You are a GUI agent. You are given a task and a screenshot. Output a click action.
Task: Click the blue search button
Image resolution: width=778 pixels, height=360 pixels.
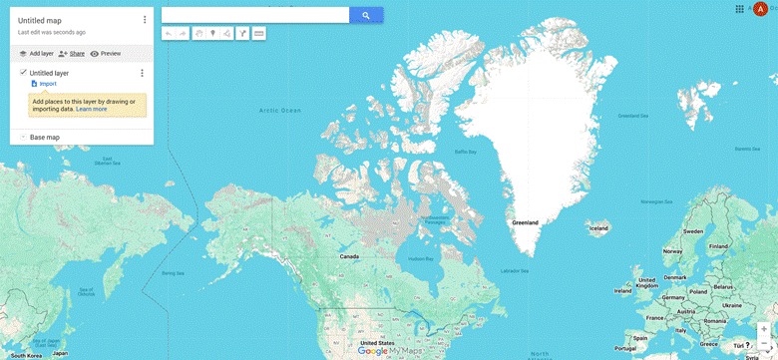(x=366, y=15)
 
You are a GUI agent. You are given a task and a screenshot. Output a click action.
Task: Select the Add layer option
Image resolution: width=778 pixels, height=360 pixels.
(x=36, y=53)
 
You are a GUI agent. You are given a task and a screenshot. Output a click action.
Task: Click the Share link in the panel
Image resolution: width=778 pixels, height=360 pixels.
(x=72, y=53)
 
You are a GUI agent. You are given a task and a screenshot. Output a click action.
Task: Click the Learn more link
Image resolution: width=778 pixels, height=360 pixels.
(x=91, y=109)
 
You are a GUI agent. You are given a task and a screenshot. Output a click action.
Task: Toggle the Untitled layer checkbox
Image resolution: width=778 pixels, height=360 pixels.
(x=23, y=73)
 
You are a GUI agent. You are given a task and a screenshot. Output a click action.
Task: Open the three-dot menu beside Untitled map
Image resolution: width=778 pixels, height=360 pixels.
(x=145, y=20)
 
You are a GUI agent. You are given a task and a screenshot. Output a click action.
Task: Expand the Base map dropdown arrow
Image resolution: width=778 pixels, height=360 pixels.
(x=22, y=137)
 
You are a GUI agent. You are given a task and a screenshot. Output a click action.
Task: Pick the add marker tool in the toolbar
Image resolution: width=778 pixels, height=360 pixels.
(x=212, y=34)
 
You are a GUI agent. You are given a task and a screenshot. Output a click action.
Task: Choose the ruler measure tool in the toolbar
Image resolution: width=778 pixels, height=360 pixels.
(x=259, y=34)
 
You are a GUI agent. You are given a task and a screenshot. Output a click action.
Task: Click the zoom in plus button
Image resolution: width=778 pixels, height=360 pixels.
(x=764, y=328)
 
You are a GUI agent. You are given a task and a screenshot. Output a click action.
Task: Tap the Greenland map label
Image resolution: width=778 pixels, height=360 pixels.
(x=525, y=221)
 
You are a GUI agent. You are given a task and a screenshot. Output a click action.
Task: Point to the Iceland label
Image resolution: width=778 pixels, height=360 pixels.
(x=598, y=228)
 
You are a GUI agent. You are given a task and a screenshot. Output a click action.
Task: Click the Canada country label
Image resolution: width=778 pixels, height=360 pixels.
(x=349, y=256)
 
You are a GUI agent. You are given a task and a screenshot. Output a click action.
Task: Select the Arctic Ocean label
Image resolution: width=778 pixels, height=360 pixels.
(x=279, y=111)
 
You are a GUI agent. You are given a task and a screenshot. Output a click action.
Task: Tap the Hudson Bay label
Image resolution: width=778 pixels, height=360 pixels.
(x=421, y=259)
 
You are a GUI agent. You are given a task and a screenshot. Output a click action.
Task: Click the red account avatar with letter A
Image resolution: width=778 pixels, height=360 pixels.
(x=761, y=9)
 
